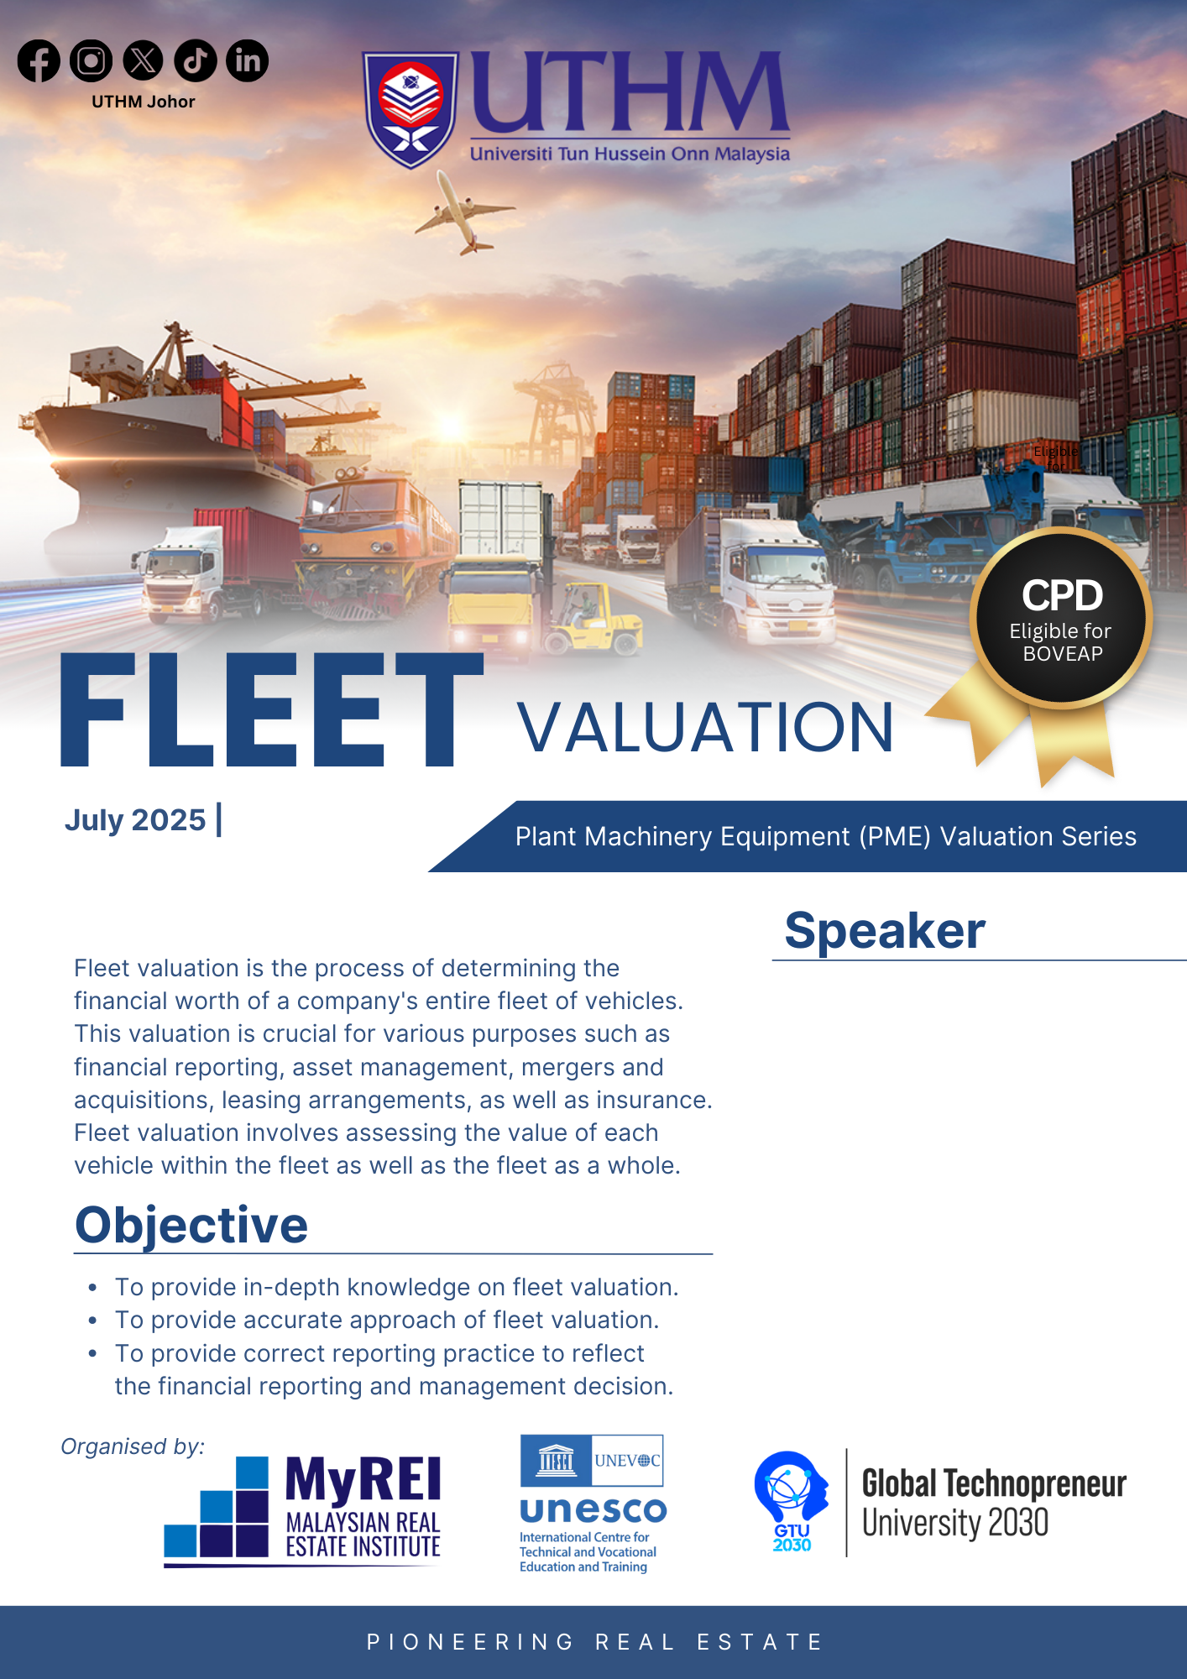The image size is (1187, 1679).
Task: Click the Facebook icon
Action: pos(39,60)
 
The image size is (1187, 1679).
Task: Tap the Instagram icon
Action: pos(91,60)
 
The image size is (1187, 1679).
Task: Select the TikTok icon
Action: pos(196,60)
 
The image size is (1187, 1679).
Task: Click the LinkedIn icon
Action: pos(248,60)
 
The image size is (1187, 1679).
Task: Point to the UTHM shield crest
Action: pos(410,109)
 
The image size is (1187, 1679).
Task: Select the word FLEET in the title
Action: pos(272,710)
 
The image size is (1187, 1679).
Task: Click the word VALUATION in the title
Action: pos(705,727)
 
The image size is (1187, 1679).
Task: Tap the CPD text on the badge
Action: pos(1062,596)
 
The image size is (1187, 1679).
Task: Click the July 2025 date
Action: pos(135,820)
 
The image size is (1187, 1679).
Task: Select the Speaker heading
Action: pos(885,931)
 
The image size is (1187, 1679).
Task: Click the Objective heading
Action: pos(191,1226)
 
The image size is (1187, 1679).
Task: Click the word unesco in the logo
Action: pos(593,1511)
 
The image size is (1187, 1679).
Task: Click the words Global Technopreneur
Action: pos(994,1484)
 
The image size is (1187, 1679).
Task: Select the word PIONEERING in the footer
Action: pos(470,1642)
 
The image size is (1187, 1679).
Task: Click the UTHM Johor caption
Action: pos(144,102)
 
